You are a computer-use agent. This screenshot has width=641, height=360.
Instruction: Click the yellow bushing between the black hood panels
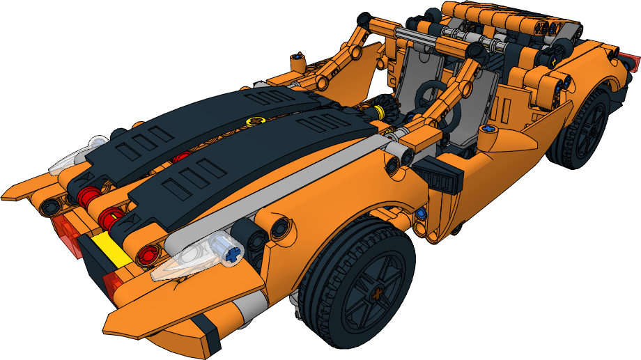coord(257,121)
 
